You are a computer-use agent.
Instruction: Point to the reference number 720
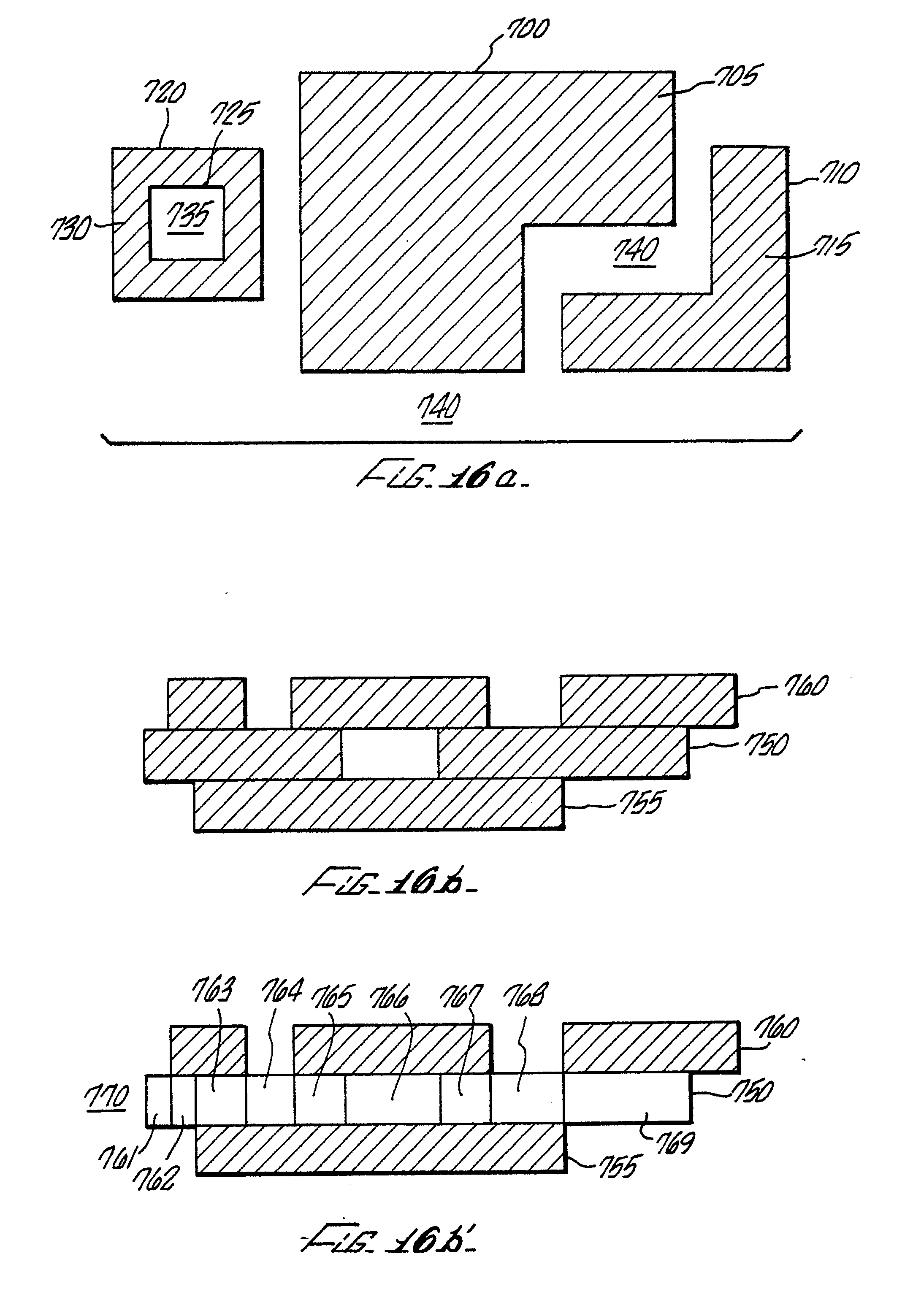(x=164, y=93)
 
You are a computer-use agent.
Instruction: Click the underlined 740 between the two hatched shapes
(x=636, y=251)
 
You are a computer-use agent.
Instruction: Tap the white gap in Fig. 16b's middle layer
(x=389, y=754)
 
